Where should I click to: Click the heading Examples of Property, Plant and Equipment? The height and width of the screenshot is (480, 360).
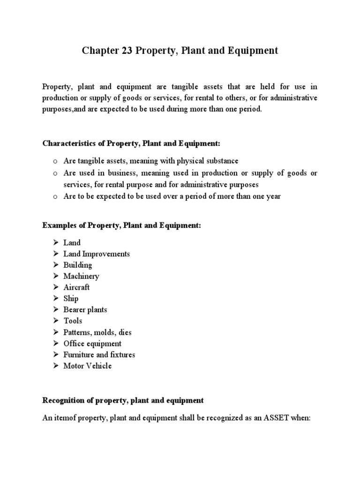122,225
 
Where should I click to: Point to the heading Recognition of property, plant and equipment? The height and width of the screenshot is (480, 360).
123,400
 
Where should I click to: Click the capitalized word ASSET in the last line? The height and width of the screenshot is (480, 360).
269,417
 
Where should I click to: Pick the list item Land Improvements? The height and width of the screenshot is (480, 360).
97,254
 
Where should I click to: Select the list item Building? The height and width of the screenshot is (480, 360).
78,265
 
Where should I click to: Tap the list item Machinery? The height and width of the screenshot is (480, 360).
81,276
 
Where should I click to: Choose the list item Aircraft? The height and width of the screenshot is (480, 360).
76,287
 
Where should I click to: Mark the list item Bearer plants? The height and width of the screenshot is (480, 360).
85,310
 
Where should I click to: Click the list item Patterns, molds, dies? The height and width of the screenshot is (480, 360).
97,332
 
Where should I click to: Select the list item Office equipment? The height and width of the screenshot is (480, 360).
92,344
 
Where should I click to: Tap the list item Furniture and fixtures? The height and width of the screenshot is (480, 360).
99,355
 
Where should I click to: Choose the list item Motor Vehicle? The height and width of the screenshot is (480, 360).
88,366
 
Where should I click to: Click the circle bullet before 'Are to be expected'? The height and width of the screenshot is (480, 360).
55,197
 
